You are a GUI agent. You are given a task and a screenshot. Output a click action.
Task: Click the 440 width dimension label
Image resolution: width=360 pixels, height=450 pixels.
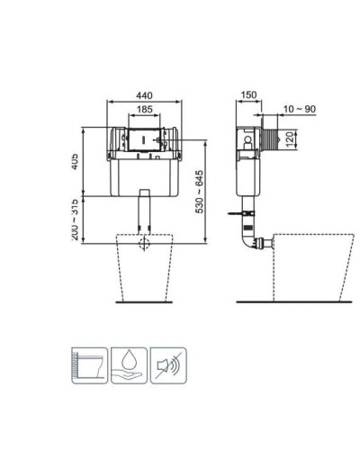pyautogui.click(x=143, y=94)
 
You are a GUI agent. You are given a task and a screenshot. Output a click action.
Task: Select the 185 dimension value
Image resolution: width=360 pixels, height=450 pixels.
pyautogui.click(x=143, y=109)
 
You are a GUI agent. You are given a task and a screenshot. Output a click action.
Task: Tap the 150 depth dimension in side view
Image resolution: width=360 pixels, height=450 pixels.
pyautogui.click(x=248, y=94)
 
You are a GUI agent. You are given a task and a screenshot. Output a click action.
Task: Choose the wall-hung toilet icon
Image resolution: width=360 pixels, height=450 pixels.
pyautogui.click(x=89, y=364)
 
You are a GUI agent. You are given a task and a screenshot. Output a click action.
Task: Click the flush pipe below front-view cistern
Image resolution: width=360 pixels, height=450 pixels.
pyautogui.click(x=144, y=213)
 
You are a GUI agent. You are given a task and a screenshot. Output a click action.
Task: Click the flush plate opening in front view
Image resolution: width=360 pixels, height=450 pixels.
pyautogui.click(x=144, y=140)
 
